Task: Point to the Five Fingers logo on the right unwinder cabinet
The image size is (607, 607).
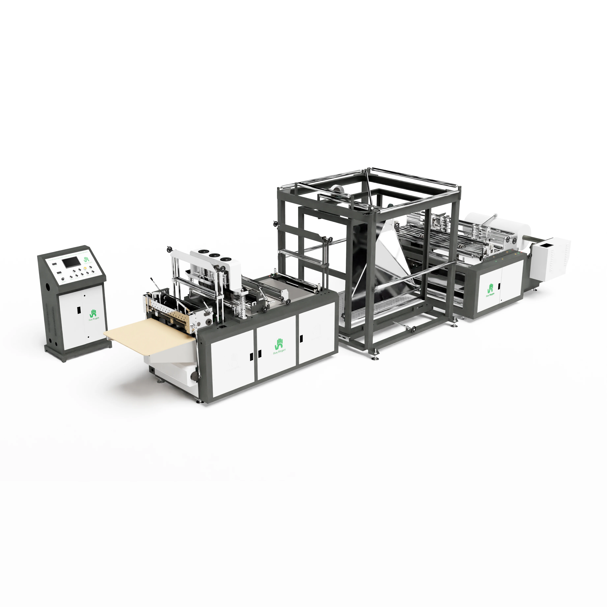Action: pos(491,290)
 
